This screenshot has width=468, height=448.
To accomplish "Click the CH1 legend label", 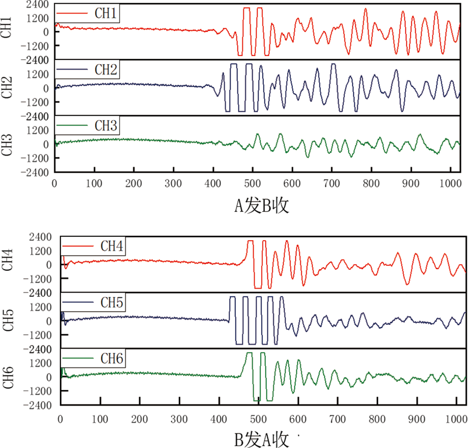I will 106,15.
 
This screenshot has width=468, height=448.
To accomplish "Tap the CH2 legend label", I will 106,70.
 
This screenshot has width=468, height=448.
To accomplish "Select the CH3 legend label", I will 106,126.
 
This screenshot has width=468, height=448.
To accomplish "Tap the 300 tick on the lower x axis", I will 179,416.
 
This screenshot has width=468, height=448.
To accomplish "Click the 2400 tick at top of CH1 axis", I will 38,5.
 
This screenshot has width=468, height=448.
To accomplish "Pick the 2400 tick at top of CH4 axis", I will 43,237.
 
